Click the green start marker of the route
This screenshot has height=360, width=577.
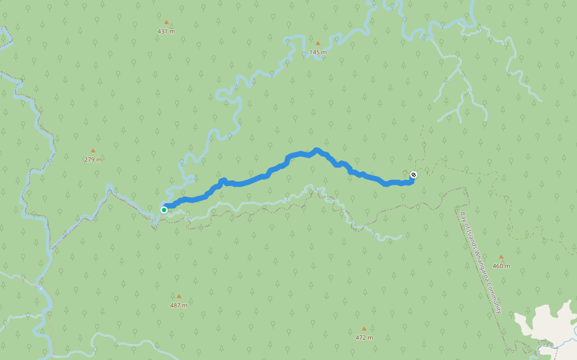[x=164, y=209]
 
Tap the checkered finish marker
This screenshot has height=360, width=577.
[x=414, y=175]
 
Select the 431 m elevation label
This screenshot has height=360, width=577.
[x=166, y=31]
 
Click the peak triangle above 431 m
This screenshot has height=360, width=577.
[x=166, y=22]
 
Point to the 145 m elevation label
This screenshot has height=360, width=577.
[x=318, y=52]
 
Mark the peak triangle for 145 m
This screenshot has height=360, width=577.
[x=318, y=43]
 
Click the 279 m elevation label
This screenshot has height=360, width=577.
[x=93, y=160]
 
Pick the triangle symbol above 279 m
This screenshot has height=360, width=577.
[x=93, y=151]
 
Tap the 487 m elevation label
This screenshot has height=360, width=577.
[x=179, y=305]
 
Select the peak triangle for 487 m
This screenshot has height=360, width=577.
[x=179, y=296]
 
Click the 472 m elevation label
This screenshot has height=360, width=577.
[x=364, y=338]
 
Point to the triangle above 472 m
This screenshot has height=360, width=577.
[x=364, y=329]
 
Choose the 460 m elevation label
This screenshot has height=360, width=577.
[x=501, y=266]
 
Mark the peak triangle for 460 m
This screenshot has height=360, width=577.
[x=501, y=257]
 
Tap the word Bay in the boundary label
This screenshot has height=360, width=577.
[x=463, y=217]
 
